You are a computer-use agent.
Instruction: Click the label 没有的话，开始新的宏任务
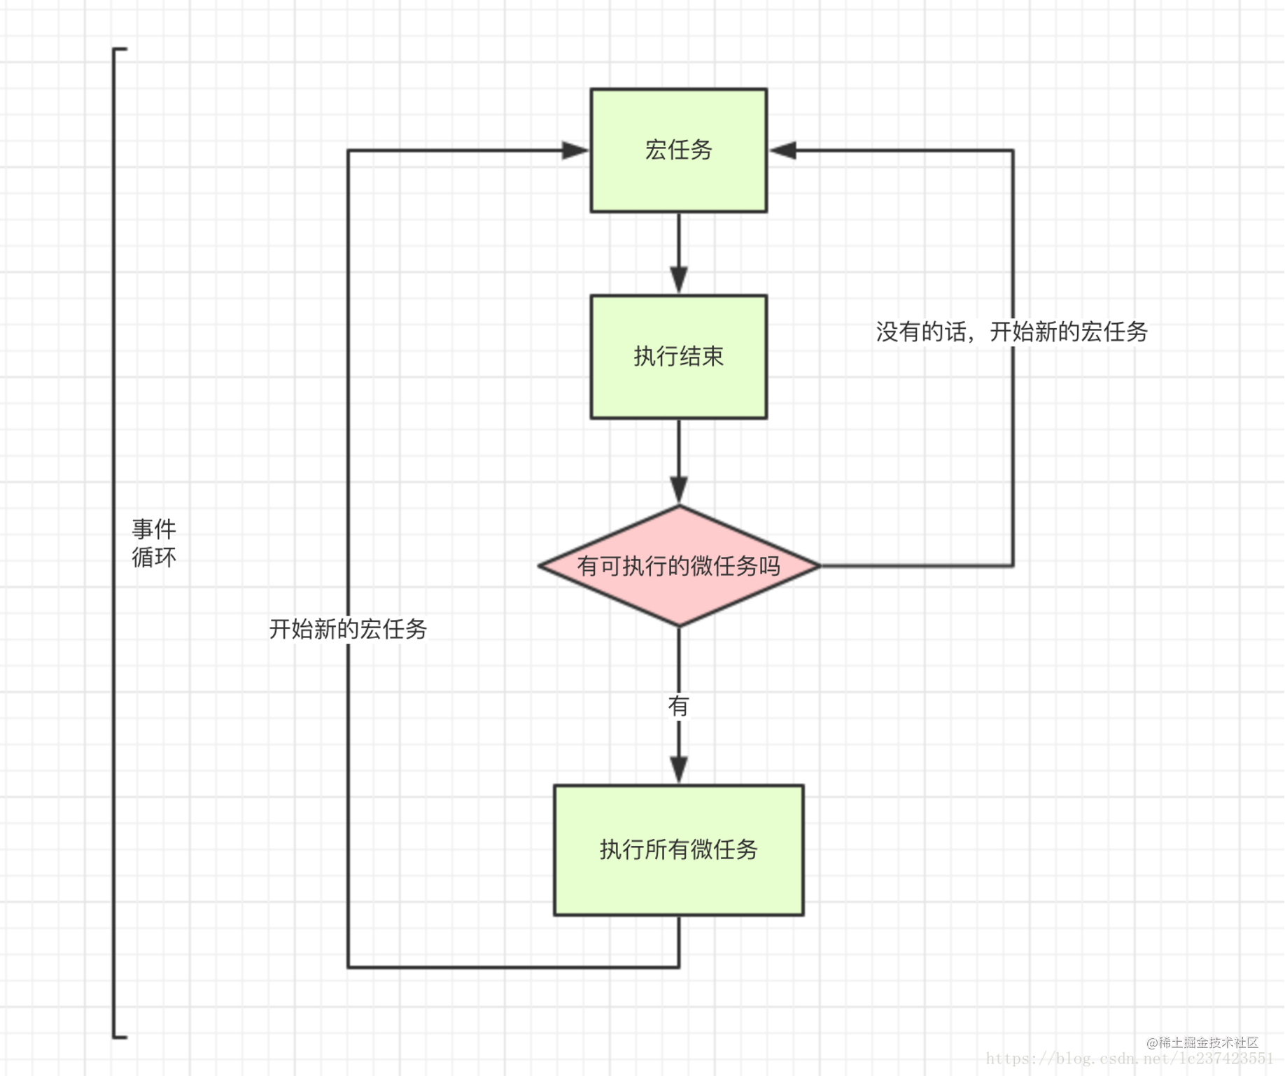coord(1011,332)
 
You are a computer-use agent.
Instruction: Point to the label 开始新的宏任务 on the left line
coord(348,629)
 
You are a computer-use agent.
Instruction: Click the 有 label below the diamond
coord(678,705)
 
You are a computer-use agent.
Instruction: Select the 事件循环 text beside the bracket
coord(154,543)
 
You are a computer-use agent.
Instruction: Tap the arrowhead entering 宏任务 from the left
coord(575,150)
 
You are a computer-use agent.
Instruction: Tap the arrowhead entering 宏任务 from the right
coord(782,150)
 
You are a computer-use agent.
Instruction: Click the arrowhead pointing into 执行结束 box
coord(678,280)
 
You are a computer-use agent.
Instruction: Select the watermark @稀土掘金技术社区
coord(1202,1042)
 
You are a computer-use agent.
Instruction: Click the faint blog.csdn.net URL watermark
coord(1129,1059)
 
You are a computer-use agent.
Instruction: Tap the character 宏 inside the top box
coord(656,150)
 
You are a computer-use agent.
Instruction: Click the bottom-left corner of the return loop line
coord(349,967)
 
